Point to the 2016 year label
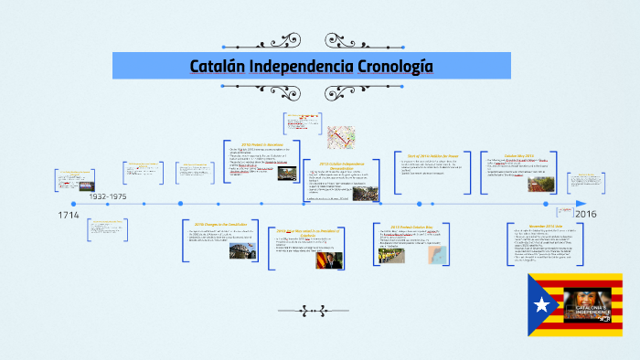coord(585,214)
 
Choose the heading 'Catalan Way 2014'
coord(525,155)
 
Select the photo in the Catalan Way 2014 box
coord(540,184)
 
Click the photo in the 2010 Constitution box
coord(243,249)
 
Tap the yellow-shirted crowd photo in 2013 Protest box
coord(392,256)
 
